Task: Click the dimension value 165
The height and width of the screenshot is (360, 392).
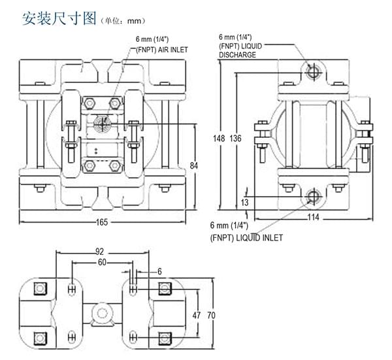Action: pyautogui.click(x=101, y=222)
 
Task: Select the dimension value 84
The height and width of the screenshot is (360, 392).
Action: pyautogui.click(x=193, y=166)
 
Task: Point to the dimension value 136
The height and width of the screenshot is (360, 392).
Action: pyautogui.click(x=235, y=139)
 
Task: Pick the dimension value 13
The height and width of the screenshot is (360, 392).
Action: pyautogui.click(x=244, y=203)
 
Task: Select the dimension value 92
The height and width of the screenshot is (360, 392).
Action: pyautogui.click(x=100, y=250)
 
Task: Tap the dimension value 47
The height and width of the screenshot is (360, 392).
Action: pyautogui.click(x=196, y=315)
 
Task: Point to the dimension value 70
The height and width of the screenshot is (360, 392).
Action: pyautogui.click(x=211, y=315)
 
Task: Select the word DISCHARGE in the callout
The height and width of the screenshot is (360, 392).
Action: pyautogui.click(x=237, y=56)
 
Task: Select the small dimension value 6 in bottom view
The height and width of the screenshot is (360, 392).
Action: pyautogui.click(x=159, y=270)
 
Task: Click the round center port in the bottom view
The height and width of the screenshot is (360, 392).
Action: pyautogui.click(x=101, y=313)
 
